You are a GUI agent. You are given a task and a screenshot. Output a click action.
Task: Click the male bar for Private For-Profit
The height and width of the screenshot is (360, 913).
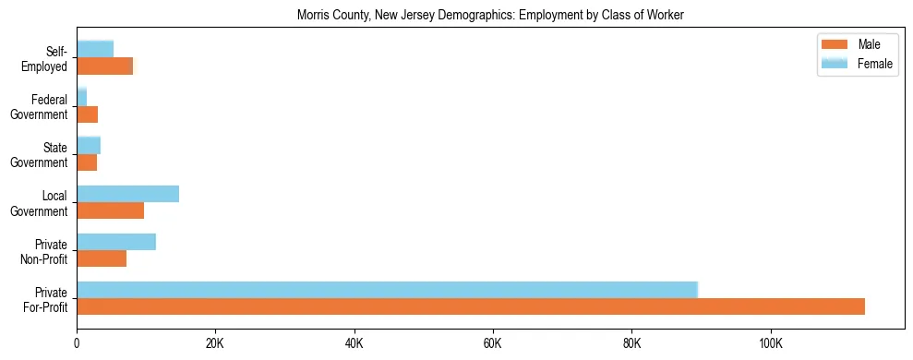471,306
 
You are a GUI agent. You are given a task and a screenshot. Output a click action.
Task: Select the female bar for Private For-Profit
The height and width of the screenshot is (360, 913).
387,290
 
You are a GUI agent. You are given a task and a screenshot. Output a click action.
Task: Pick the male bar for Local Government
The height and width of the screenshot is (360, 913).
110,210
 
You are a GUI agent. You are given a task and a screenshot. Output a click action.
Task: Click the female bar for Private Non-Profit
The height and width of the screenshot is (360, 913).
116,242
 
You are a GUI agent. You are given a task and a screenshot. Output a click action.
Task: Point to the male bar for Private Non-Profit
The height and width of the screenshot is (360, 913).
102,258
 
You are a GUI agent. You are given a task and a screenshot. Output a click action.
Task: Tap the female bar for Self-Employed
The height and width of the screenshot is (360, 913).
95,49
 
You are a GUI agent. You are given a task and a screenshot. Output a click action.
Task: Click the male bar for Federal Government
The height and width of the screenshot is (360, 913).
87,114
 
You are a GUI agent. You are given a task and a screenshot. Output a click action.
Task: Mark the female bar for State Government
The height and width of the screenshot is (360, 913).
89,145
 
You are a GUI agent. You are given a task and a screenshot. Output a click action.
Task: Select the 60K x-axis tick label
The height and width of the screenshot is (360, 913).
492,344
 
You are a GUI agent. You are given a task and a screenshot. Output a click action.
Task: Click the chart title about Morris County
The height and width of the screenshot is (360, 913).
490,16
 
